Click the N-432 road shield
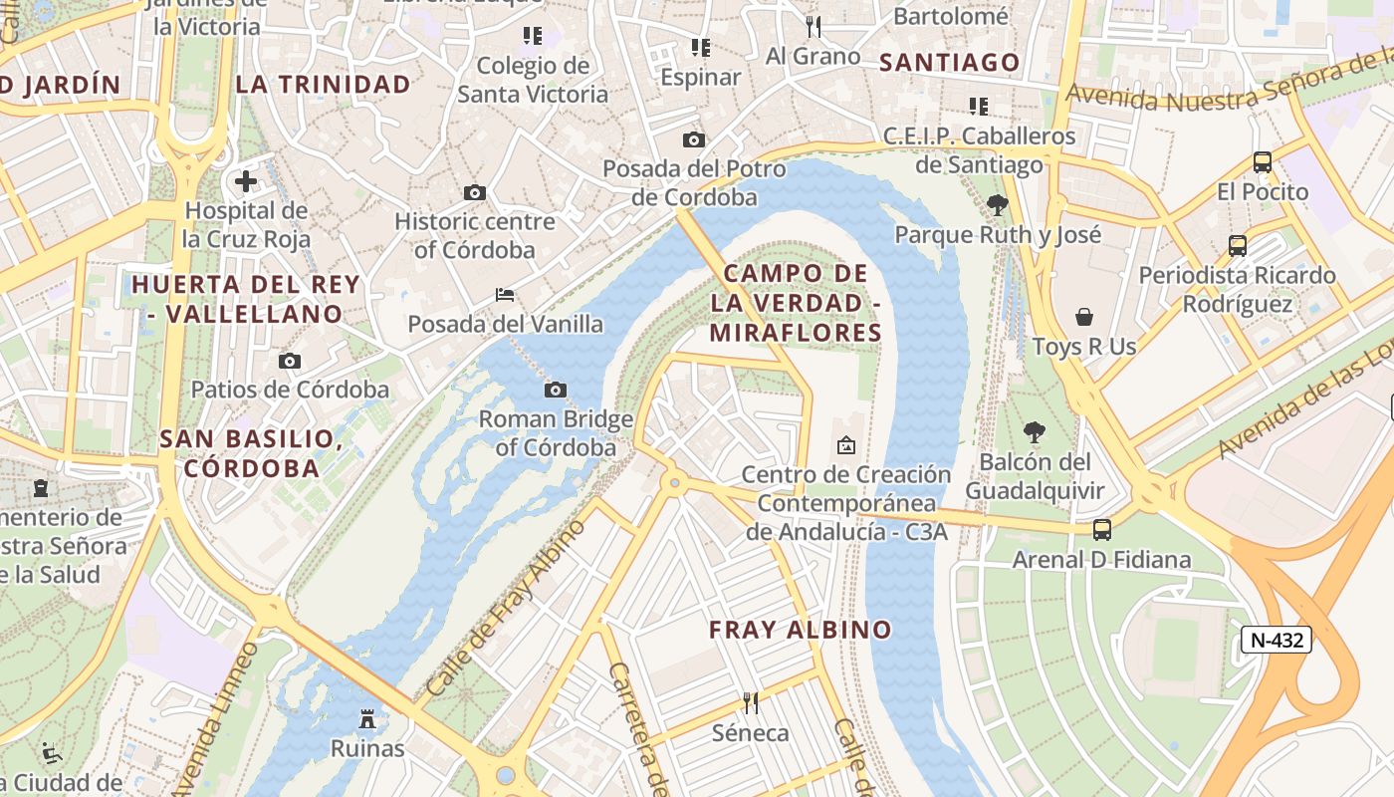(x=1277, y=640)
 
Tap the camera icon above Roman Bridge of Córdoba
(x=556, y=390)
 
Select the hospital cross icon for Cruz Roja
(x=246, y=181)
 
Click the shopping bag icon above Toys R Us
(x=1084, y=317)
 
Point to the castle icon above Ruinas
(x=367, y=718)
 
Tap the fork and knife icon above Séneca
(x=751, y=703)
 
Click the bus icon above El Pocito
(x=1263, y=161)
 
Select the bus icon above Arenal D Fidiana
(x=1102, y=530)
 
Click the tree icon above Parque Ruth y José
(x=997, y=205)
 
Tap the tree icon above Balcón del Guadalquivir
(x=1035, y=432)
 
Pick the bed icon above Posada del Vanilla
(x=505, y=295)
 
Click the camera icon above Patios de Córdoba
(x=290, y=361)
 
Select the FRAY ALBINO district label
(x=800, y=630)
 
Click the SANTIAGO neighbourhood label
(x=950, y=63)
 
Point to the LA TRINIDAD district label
(x=323, y=85)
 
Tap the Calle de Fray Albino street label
(x=505, y=609)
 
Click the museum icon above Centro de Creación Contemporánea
(x=846, y=445)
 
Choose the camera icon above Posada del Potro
(x=694, y=140)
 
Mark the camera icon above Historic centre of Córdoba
(x=475, y=192)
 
